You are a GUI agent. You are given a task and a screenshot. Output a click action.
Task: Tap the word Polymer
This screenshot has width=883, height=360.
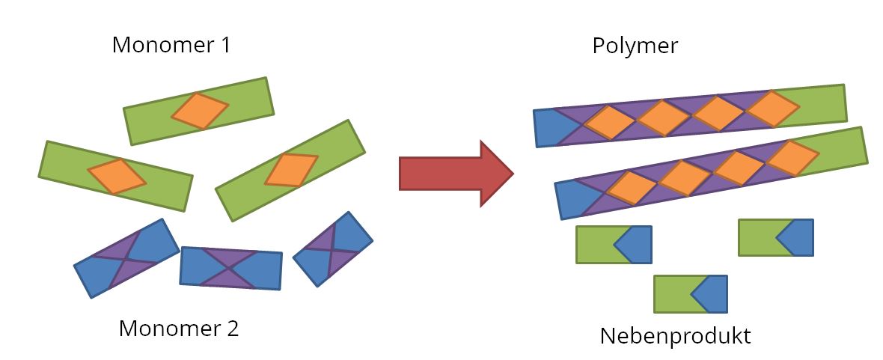coord(635,46)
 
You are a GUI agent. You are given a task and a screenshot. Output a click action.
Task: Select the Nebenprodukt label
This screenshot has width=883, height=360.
coord(674,335)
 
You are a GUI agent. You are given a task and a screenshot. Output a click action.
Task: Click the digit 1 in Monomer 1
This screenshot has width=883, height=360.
coord(224,45)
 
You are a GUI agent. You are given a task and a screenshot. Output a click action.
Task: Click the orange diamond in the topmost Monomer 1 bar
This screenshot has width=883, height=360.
coord(200,111)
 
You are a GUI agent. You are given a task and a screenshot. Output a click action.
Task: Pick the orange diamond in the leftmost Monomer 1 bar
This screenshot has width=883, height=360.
coord(117,177)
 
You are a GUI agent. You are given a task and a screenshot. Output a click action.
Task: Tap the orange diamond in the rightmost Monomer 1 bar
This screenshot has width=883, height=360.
coord(291,169)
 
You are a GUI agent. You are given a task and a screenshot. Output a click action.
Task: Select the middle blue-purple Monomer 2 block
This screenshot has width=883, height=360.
coord(231,267)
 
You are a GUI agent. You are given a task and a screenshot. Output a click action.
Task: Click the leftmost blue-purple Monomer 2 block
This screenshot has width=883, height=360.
coord(126,258)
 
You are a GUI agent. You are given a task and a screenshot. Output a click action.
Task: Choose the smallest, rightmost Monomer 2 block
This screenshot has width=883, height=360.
coord(333,248)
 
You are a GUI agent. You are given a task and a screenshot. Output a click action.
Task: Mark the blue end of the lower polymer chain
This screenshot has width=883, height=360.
coord(574,198)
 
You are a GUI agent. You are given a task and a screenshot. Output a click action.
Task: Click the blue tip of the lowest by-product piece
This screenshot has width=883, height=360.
coord(712,294)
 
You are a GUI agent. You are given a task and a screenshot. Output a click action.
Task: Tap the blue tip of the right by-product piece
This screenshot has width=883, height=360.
coord(798,238)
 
